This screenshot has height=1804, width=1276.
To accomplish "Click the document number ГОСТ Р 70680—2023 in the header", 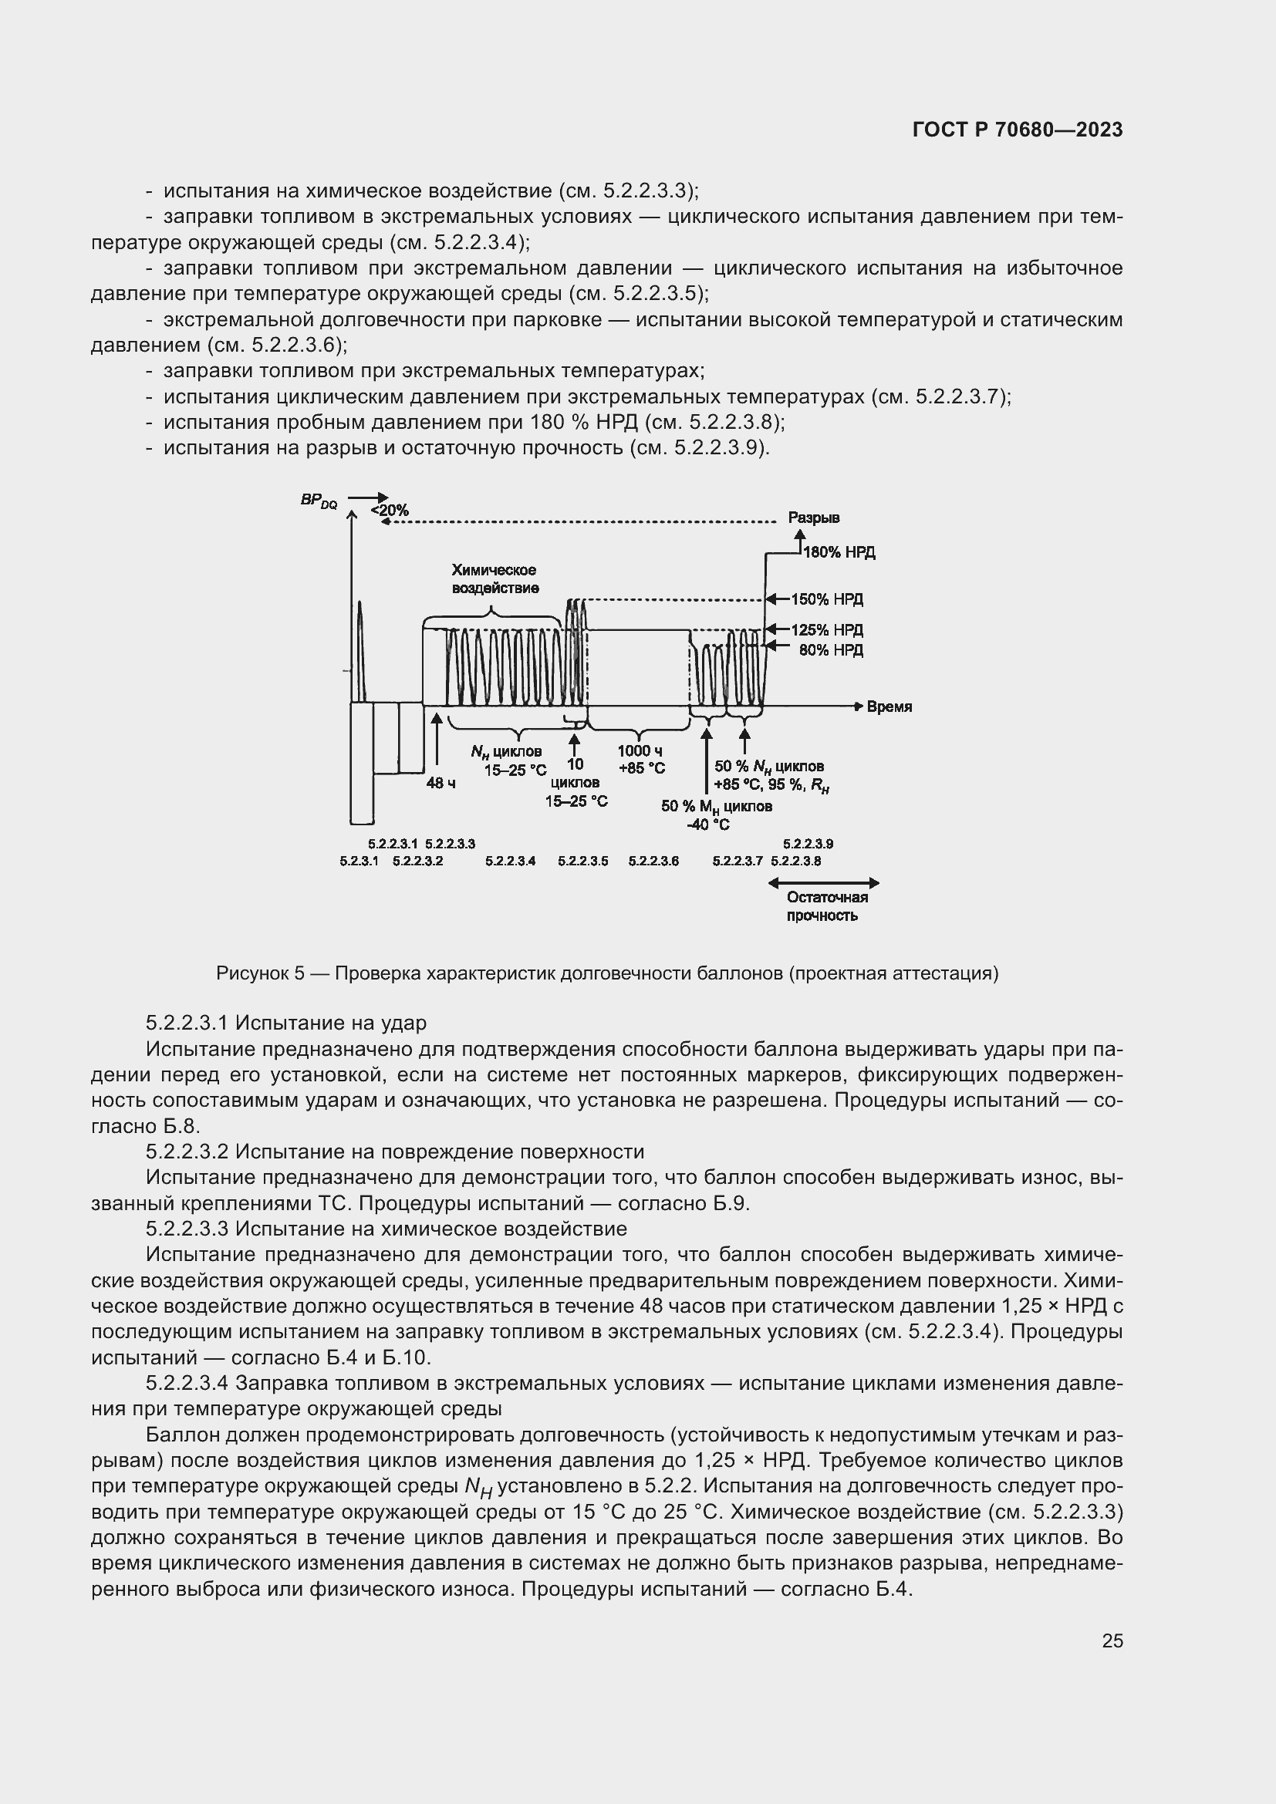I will click(1018, 130).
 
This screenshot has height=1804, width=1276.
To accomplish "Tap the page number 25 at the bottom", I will click(1112, 1640).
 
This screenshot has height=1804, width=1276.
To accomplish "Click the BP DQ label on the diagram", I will click(318, 501).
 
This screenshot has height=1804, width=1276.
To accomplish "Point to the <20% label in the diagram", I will click(390, 511).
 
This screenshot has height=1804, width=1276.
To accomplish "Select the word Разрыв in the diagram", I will click(813, 518).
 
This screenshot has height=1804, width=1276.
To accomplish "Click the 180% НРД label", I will click(839, 552).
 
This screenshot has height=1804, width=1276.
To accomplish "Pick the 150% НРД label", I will click(825, 599).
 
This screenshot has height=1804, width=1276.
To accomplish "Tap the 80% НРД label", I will click(831, 651).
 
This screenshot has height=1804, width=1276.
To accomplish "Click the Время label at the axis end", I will click(889, 707).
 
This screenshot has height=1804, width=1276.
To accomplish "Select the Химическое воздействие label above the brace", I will click(495, 579).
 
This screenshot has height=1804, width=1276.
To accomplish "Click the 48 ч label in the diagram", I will click(441, 784).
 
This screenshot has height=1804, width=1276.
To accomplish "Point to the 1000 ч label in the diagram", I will click(640, 752).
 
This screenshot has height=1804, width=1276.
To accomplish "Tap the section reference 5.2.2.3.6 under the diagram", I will click(653, 862).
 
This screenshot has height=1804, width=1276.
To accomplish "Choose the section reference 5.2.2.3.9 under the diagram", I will click(808, 844).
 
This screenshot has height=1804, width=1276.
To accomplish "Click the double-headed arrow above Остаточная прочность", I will click(822, 883).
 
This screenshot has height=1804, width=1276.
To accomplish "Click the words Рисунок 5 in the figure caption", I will click(260, 974).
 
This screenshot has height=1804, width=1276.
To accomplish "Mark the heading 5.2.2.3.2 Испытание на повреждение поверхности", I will click(394, 1152).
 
